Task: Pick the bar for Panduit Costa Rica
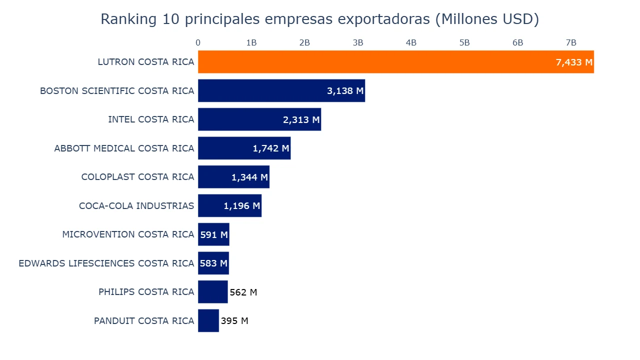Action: pyautogui.click(x=208, y=320)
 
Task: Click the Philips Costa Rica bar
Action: pyautogui.click(x=212, y=292)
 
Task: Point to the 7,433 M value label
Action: pyautogui.click(x=573, y=62)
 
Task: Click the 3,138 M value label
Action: pyautogui.click(x=345, y=91)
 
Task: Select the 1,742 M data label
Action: pyautogui.click(x=270, y=148)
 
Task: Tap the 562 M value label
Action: pyautogui.click(x=243, y=292)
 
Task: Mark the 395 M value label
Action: pyautogui.click(x=234, y=321)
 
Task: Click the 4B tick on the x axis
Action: pyautogui.click(x=411, y=43)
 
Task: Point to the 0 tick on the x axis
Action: pyautogui.click(x=198, y=43)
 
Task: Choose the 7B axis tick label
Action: pyautogui.click(x=570, y=43)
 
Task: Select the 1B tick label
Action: pyautogui.click(x=251, y=43)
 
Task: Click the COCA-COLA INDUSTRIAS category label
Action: pyautogui.click(x=136, y=206)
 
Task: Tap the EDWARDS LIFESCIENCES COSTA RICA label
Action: pyautogui.click(x=106, y=263)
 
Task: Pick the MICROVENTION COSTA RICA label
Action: pyautogui.click(x=128, y=234)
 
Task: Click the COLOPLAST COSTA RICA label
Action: pyautogui.click(x=137, y=177)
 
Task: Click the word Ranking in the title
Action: pyautogui.click(x=128, y=19)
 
